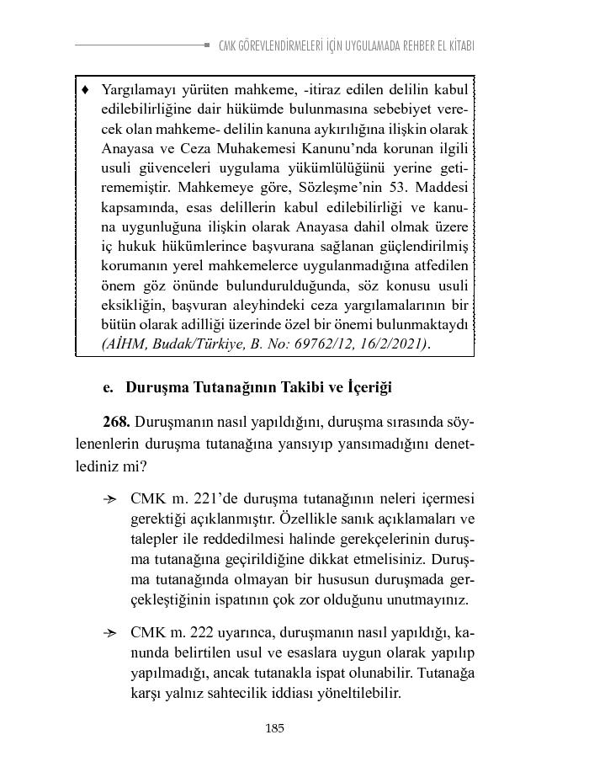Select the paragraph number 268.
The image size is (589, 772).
[x=116, y=420]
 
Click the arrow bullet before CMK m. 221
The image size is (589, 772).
[x=109, y=500]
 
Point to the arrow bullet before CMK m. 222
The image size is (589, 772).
[x=109, y=632]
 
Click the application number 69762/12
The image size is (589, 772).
[x=316, y=344]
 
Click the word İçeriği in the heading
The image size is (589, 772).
[x=367, y=388]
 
